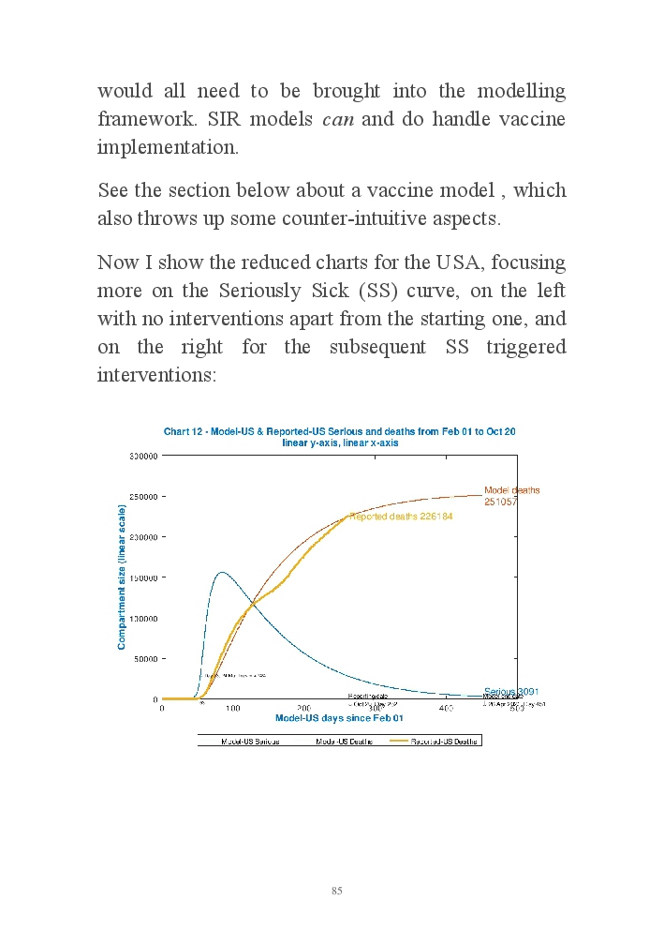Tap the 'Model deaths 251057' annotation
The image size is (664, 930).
[511, 496]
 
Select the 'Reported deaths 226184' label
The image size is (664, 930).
[401, 517]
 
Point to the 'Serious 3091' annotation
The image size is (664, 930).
[510, 692]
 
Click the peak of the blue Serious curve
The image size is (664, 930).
[221, 572]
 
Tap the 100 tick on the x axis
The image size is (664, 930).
[232, 709]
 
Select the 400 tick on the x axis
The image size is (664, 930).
[446, 709]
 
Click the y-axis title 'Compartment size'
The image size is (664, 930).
[122, 577]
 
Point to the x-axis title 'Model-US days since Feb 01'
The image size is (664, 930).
[339, 718]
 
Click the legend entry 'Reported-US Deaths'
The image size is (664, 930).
[445, 741]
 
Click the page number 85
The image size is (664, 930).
[336, 891]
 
